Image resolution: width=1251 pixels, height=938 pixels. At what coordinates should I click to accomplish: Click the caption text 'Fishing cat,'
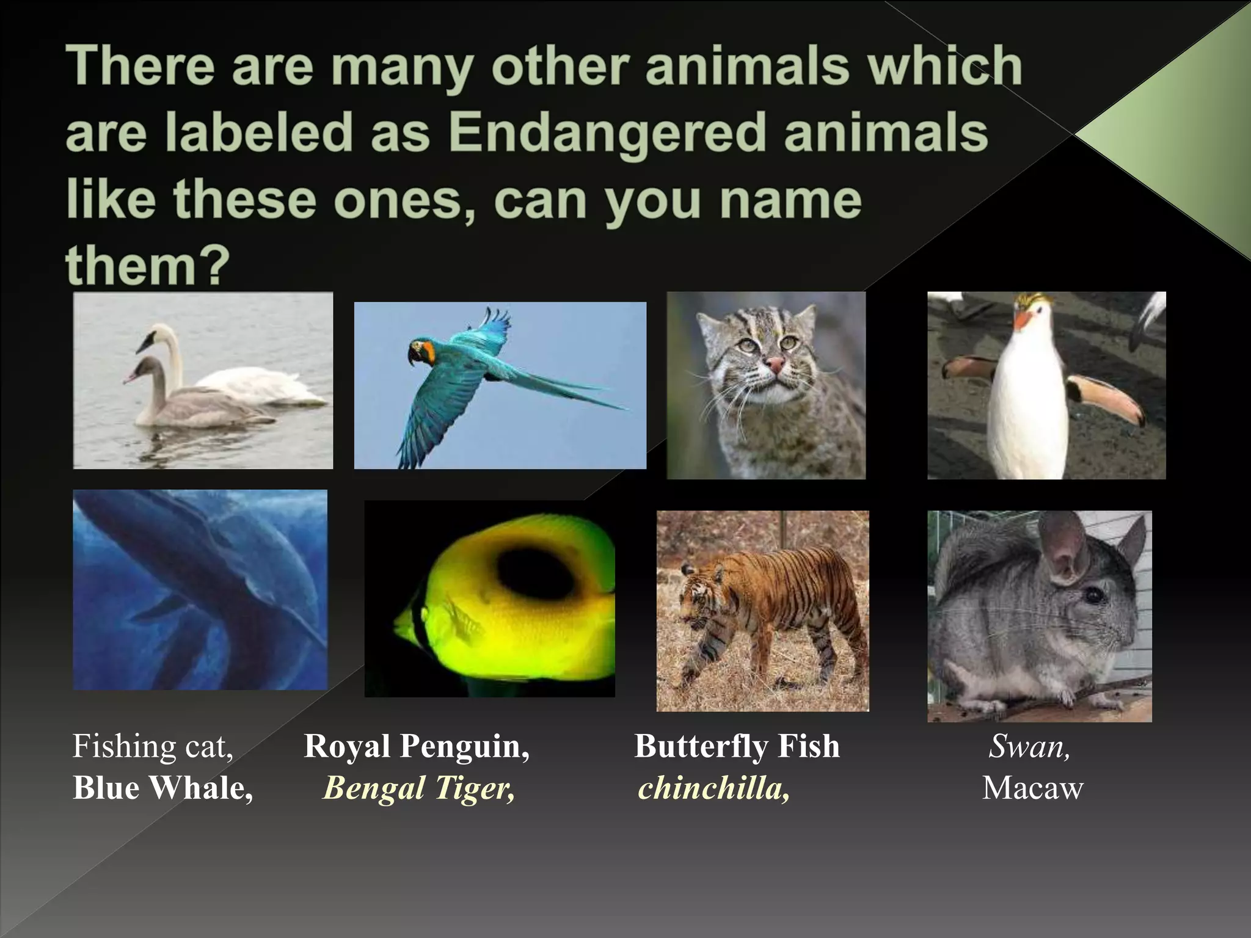pos(153,746)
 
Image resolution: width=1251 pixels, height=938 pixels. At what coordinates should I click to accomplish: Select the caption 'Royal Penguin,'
pos(417,746)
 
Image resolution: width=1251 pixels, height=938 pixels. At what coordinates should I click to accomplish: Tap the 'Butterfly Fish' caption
pos(737,746)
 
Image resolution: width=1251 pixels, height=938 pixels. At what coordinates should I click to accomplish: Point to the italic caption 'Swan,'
pos(1029,746)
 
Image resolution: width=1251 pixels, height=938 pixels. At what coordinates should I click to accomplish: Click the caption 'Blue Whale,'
pos(162,788)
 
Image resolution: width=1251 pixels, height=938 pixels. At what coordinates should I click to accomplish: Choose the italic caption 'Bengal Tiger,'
pos(419,788)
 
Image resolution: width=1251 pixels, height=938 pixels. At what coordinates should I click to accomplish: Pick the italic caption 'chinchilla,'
pos(713,788)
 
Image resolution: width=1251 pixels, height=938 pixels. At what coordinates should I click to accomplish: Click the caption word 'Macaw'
pos(1032,788)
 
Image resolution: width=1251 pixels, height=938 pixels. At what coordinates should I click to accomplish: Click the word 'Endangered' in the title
pos(607,132)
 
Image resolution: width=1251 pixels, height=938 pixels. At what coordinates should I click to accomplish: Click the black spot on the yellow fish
pos(533,574)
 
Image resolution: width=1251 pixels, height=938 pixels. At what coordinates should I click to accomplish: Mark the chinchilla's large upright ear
pos(1064,550)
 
